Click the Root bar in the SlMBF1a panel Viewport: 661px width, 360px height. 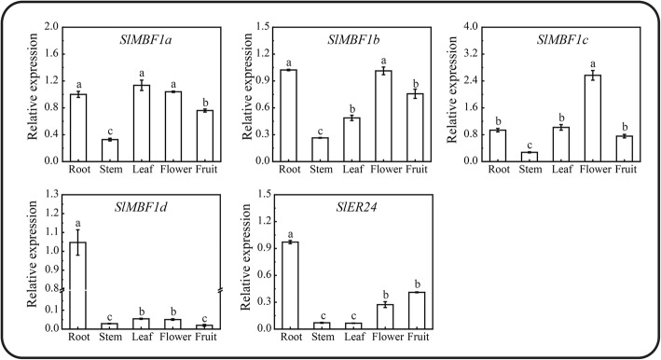tap(79, 128)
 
